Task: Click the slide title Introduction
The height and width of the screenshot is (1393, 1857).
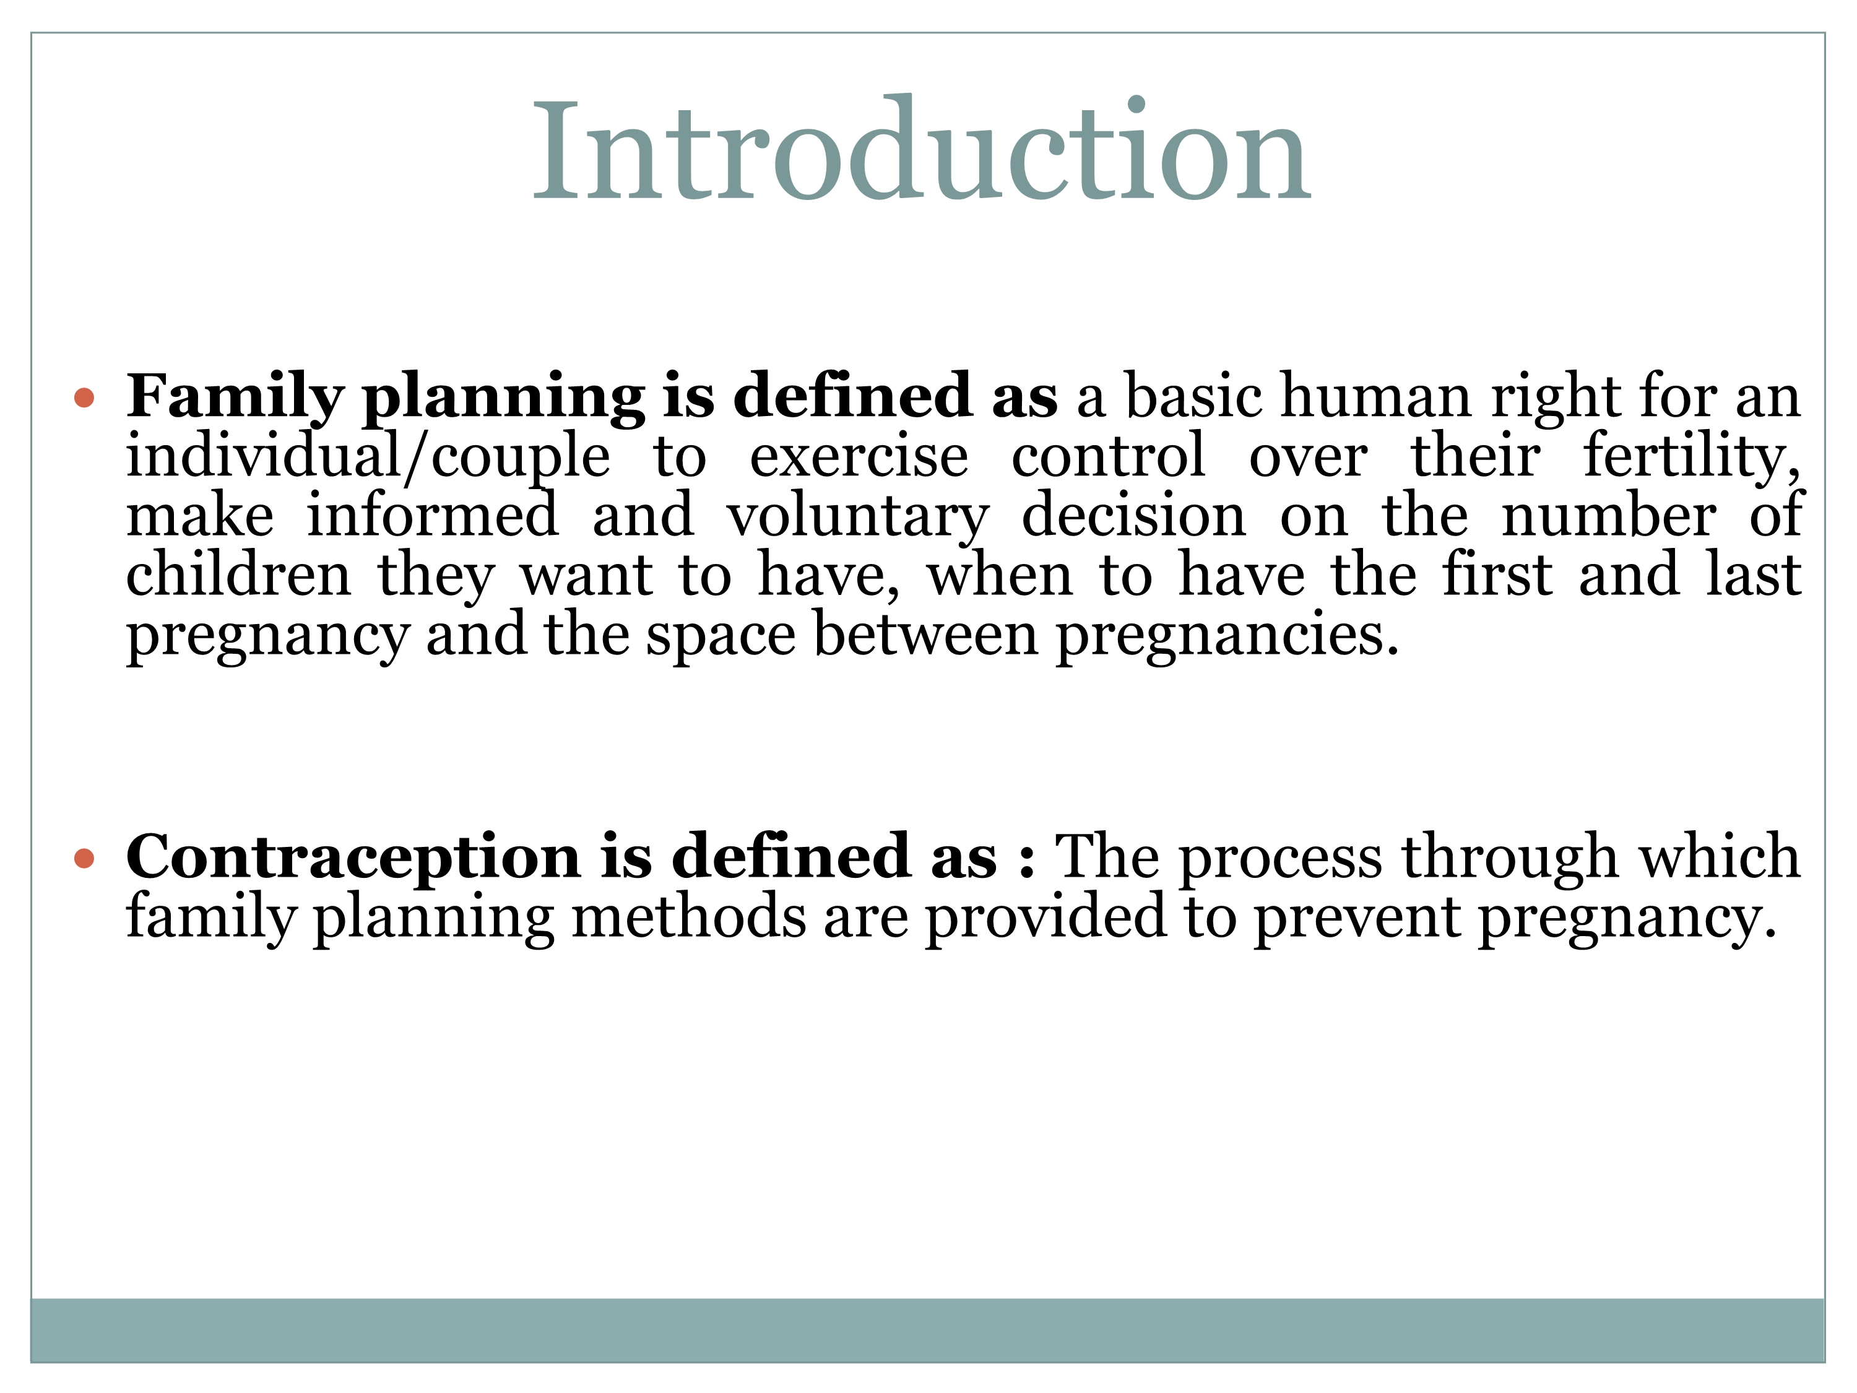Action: (921, 149)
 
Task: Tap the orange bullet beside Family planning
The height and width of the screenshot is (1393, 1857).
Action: (84, 397)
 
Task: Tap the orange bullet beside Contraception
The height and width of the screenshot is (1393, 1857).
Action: (84, 858)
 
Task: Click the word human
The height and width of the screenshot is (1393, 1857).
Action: (1376, 396)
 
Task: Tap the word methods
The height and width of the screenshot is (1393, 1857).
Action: (688, 916)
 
